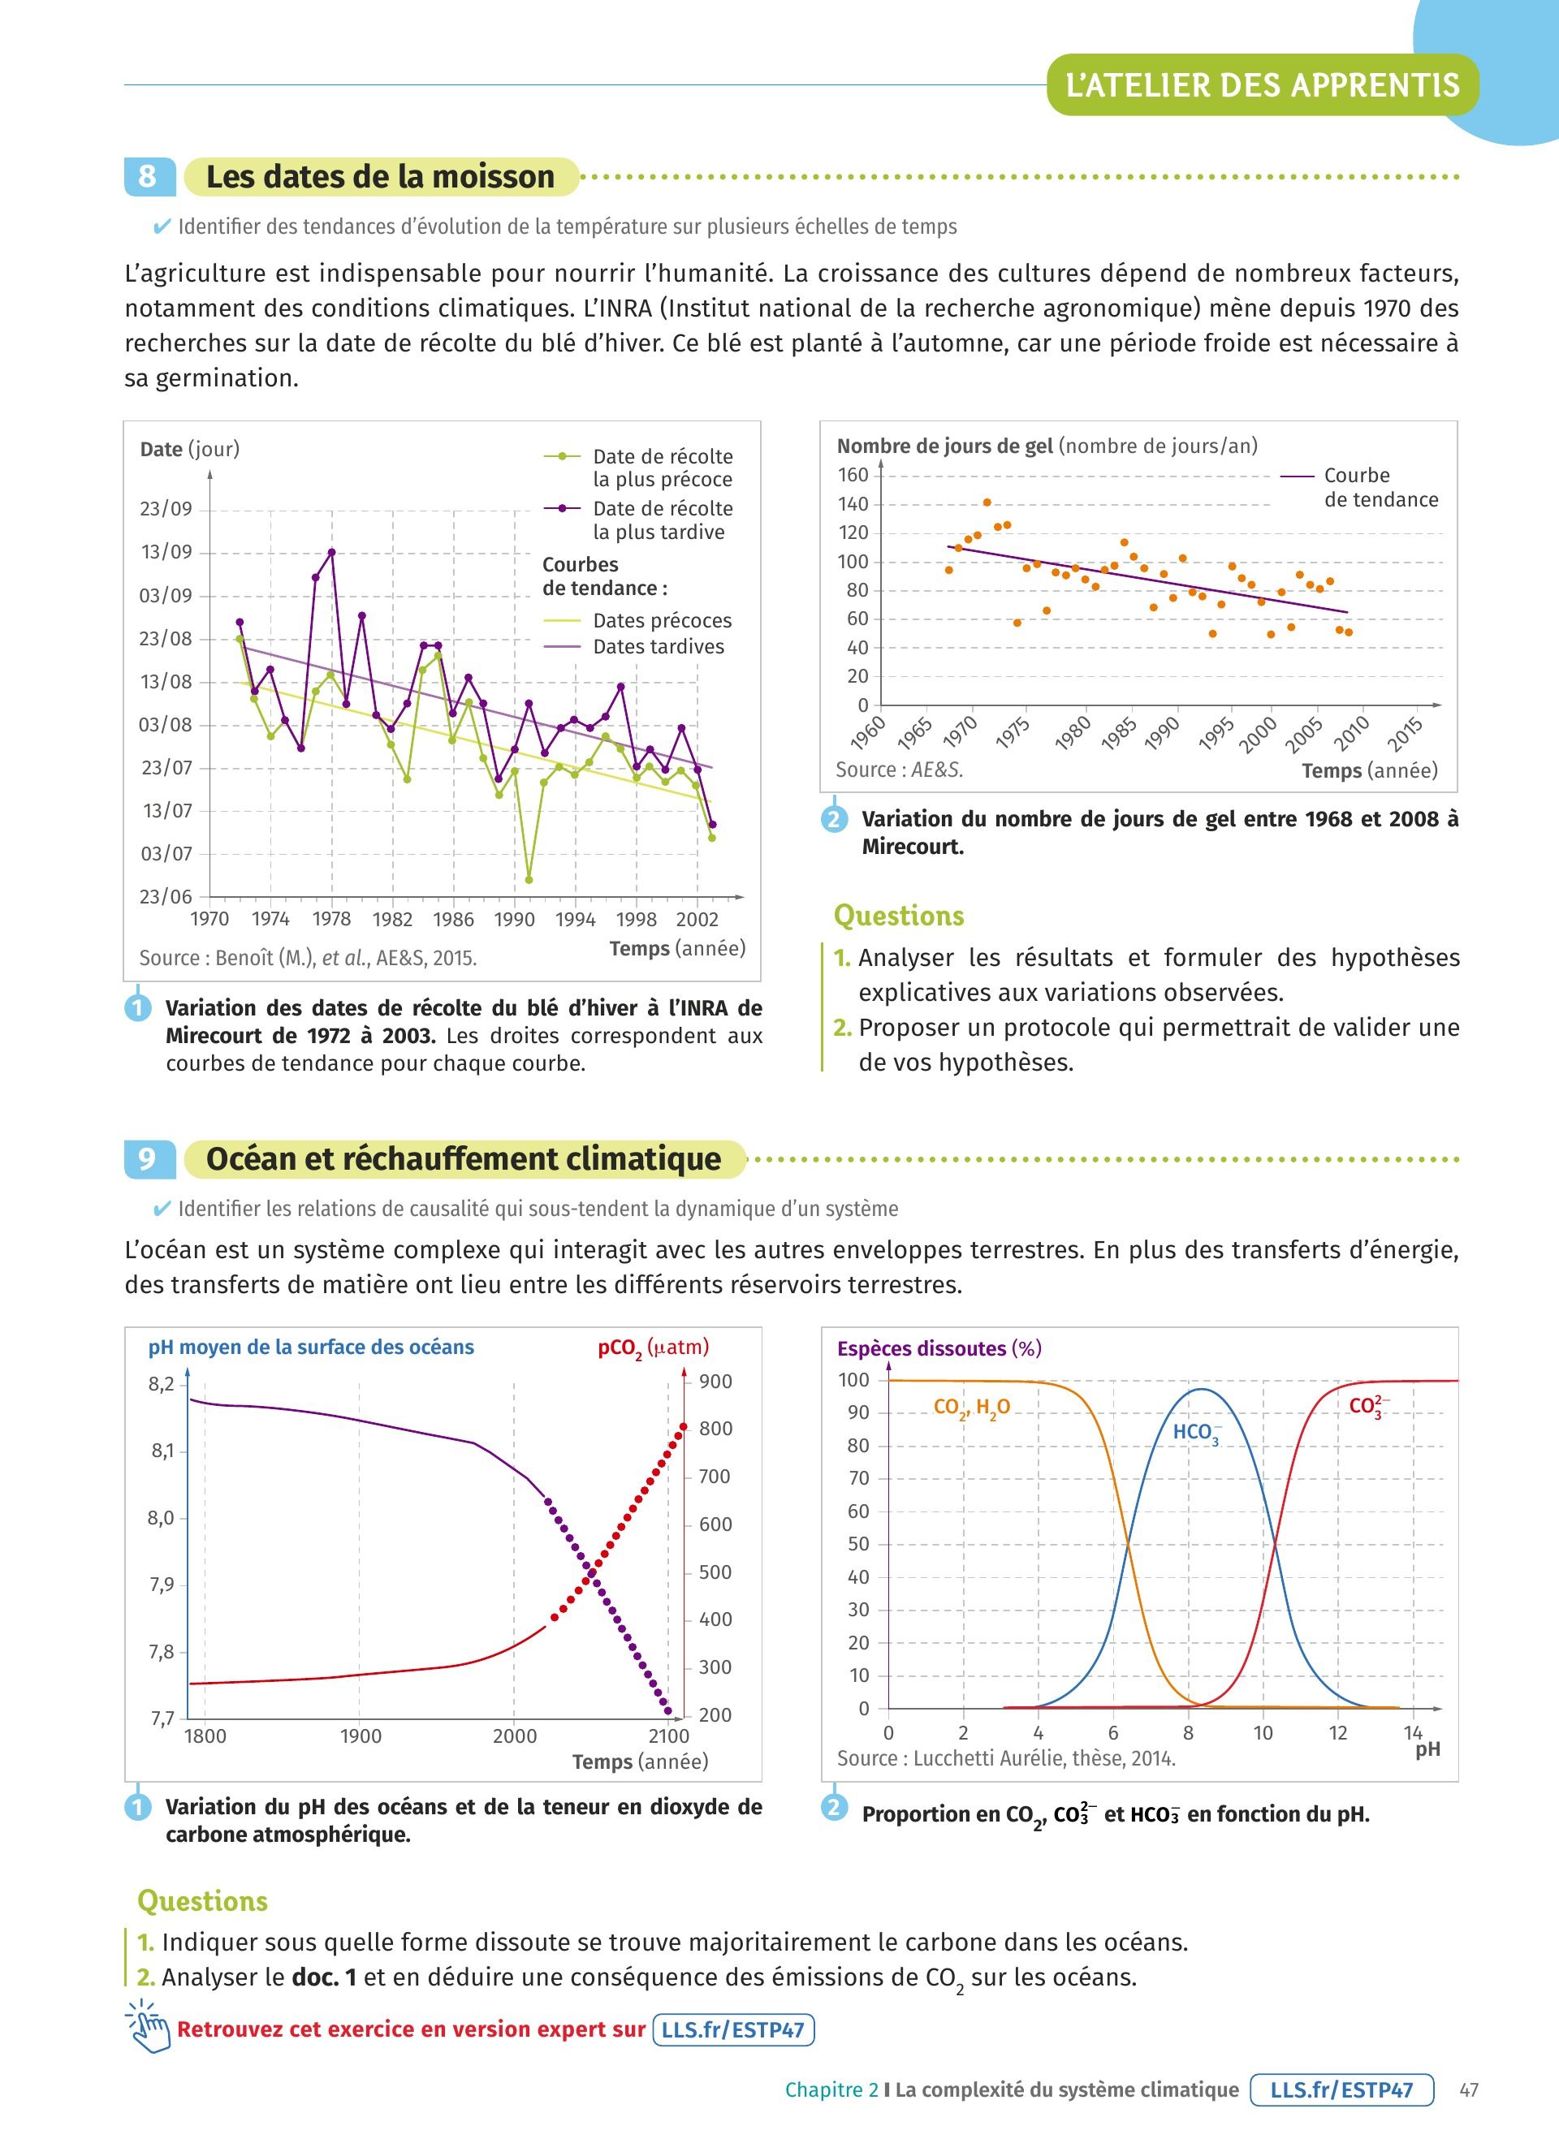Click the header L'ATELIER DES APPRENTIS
click(x=1262, y=85)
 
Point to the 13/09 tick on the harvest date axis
click(x=166, y=552)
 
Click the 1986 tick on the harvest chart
click(x=453, y=919)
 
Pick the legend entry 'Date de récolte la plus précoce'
click(x=662, y=468)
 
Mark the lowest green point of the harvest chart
click(x=529, y=880)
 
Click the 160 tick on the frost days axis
click(x=853, y=476)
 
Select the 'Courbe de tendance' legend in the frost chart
click(x=1380, y=488)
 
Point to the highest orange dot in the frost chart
click(x=987, y=502)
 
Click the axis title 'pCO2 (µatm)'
click(x=653, y=1348)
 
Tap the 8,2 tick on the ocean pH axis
click(x=162, y=1384)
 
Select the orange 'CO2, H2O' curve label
click(x=971, y=1408)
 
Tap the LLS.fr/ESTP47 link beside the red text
click(x=733, y=2030)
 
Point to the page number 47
click(x=1469, y=2090)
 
